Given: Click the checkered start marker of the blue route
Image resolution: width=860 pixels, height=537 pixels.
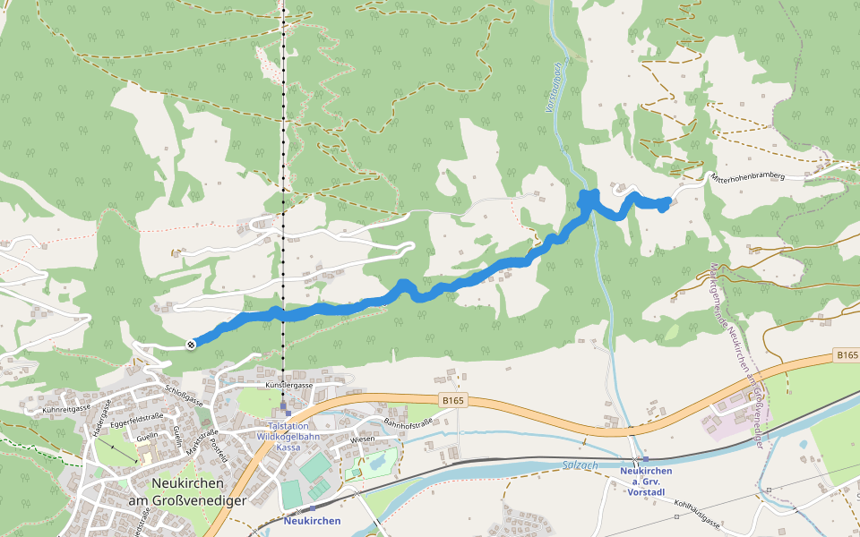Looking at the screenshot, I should pyautogui.click(x=191, y=345).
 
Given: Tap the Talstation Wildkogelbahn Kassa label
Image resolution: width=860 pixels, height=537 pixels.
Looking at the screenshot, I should pyautogui.click(x=282, y=436).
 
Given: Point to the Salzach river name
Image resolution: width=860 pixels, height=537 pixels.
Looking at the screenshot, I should pyautogui.click(x=580, y=464).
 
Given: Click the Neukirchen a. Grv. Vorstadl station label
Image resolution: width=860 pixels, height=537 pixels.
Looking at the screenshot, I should pyautogui.click(x=645, y=481).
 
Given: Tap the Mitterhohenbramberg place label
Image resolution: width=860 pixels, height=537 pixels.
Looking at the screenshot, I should pyautogui.click(x=747, y=177).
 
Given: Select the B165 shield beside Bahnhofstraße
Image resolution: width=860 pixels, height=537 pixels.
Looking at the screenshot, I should pyautogui.click(x=452, y=400).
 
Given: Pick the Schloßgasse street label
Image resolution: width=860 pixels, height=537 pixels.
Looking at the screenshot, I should pyautogui.click(x=184, y=396).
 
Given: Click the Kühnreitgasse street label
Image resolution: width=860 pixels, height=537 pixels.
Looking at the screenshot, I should pyautogui.click(x=67, y=408).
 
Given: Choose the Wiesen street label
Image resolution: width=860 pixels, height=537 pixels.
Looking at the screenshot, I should pyautogui.click(x=362, y=439).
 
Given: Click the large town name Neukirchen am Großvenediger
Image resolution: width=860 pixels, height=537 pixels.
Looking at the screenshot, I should pyautogui.click(x=186, y=492).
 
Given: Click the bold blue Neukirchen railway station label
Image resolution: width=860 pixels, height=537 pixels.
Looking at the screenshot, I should pyautogui.click(x=312, y=520).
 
